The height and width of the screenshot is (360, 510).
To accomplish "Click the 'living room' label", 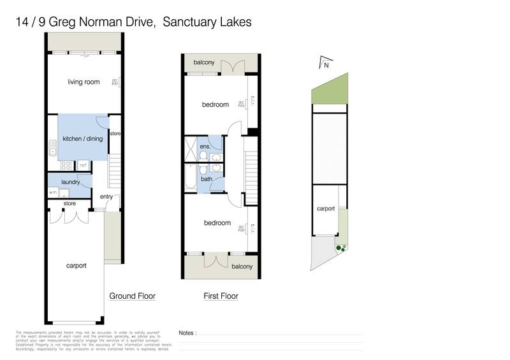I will tap(84, 82).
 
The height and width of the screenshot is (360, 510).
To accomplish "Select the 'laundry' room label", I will tap(69, 182).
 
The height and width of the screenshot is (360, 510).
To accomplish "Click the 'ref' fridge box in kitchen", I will tap(83, 165).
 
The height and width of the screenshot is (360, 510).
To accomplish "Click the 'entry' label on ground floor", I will tap(106, 197).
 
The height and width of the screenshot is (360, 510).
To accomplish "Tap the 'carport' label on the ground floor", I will tap(76, 265).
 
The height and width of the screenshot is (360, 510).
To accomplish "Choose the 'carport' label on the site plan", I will tap(326, 208).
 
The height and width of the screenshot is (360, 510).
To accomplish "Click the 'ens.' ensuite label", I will tap(206, 147).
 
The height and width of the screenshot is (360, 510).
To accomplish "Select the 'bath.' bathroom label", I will tap(207, 179).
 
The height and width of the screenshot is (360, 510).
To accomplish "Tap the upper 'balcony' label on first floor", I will tap(204, 62).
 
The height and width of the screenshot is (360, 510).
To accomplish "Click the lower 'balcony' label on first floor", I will tap(242, 266).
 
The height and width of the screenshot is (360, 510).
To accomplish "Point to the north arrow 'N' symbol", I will tap(325, 64).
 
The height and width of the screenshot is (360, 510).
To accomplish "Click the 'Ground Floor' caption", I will tap(132, 296).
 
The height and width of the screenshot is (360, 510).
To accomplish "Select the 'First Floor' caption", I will tap(221, 296).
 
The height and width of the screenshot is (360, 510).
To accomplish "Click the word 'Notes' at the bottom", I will tap(187, 333).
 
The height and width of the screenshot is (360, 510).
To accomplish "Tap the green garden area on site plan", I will tap(331, 90).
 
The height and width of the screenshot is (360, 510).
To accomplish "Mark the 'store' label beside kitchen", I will tap(115, 134).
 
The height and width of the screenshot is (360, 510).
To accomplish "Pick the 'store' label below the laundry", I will tap(69, 204).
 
